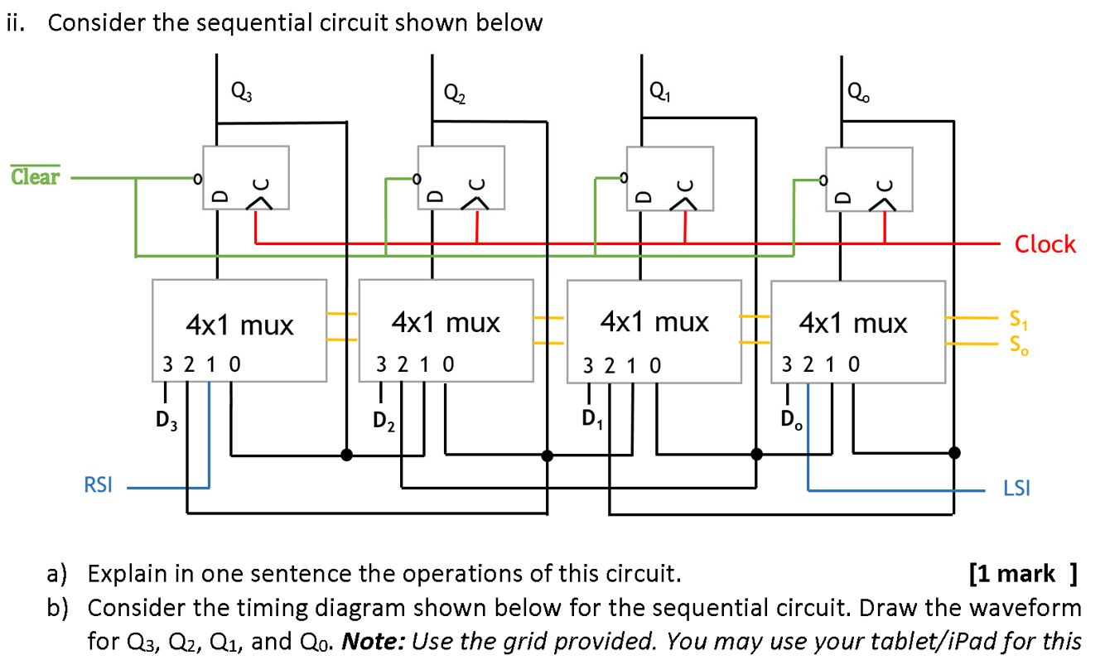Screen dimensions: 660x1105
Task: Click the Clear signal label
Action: coord(35,176)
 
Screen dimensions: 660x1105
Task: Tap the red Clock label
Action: coord(1045,244)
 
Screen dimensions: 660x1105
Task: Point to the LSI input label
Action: coord(1016,489)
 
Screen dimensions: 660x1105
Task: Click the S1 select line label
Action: coord(1018,317)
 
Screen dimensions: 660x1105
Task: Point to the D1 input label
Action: coord(590,420)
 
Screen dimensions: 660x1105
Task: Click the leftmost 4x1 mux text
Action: coord(239,325)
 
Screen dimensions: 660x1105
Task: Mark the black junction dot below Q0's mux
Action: coord(954,452)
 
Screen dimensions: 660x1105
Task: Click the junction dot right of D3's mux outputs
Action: coord(346,454)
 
